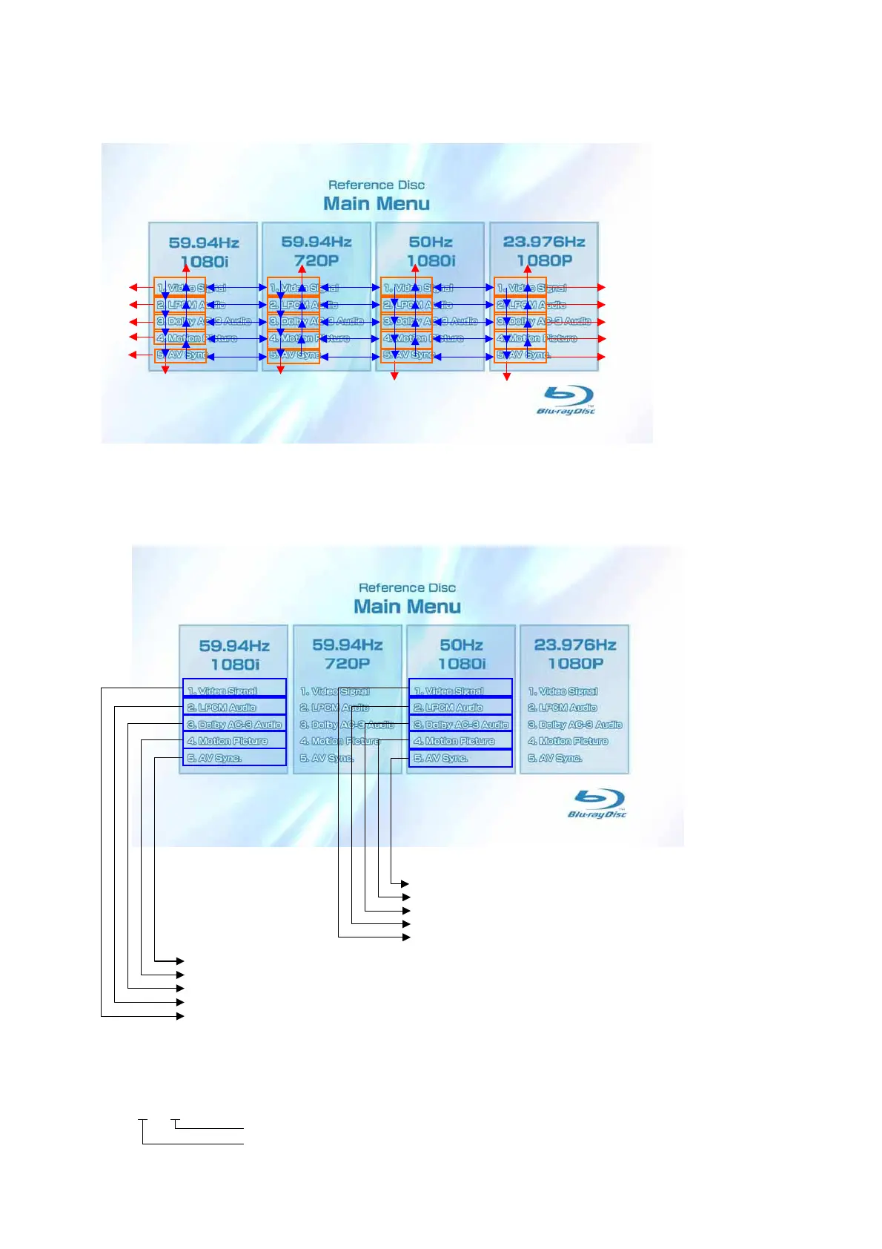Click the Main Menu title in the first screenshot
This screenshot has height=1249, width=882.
[x=377, y=203]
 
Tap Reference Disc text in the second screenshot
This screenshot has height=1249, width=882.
[x=407, y=587]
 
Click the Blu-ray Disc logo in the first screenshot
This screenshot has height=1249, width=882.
[x=566, y=401]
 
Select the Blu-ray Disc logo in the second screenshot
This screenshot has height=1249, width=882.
[x=597, y=804]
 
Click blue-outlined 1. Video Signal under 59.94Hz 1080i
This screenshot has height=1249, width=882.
[x=234, y=689]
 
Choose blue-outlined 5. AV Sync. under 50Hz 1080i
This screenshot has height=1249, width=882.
[x=460, y=758]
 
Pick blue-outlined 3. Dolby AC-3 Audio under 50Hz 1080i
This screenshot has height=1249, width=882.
[x=460, y=724]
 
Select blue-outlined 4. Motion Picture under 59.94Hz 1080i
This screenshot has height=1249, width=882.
[x=234, y=740]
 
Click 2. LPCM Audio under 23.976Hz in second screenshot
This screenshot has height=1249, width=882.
[x=563, y=708]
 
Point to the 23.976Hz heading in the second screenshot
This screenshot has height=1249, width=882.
[x=575, y=645]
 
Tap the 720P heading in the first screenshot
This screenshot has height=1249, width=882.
[x=316, y=260]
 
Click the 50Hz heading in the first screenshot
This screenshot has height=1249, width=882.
[x=431, y=242]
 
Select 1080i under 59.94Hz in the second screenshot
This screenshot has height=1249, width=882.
[x=235, y=664]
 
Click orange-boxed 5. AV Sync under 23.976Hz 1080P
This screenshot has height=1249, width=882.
[x=520, y=355]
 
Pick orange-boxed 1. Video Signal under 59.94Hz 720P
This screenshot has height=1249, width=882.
[x=294, y=287]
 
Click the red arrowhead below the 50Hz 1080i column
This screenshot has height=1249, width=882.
[x=394, y=376]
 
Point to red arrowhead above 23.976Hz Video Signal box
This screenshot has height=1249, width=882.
[x=528, y=269]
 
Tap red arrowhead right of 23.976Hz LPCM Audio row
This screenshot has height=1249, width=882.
[x=601, y=305]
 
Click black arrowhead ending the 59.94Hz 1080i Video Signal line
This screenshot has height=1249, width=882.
[x=180, y=1015]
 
